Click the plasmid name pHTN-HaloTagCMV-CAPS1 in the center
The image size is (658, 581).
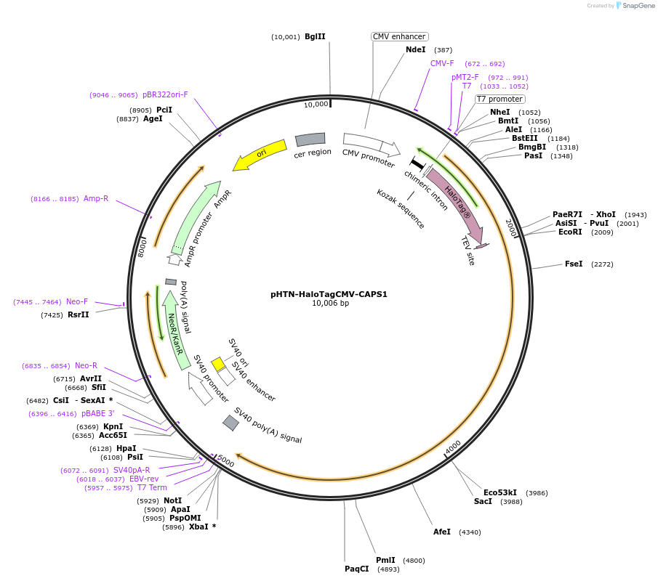[x=329, y=294]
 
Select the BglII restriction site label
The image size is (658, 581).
[x=315, y=36]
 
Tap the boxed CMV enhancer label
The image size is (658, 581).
[x=399, y=36]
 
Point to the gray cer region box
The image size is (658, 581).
[x=310, y=139]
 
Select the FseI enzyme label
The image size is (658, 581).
[x=573, y=264]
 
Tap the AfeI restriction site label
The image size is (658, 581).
[x=442, y=532]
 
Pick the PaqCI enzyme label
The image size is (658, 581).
[x=357, y=569]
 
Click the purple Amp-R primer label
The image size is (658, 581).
[x=96, y=198]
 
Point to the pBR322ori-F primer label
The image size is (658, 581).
[x=165, y=94]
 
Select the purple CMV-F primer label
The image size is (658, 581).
[x=442, y=63]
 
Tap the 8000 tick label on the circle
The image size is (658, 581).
[x=143, y=248]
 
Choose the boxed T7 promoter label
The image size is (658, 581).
[x=499, y=99]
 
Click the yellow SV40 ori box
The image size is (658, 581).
[x=218, y=365]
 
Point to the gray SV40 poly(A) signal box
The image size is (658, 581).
[x=230, y=423]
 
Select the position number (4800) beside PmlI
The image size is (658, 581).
[x=414, y=561]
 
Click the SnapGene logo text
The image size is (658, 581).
[x=638, y=6]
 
